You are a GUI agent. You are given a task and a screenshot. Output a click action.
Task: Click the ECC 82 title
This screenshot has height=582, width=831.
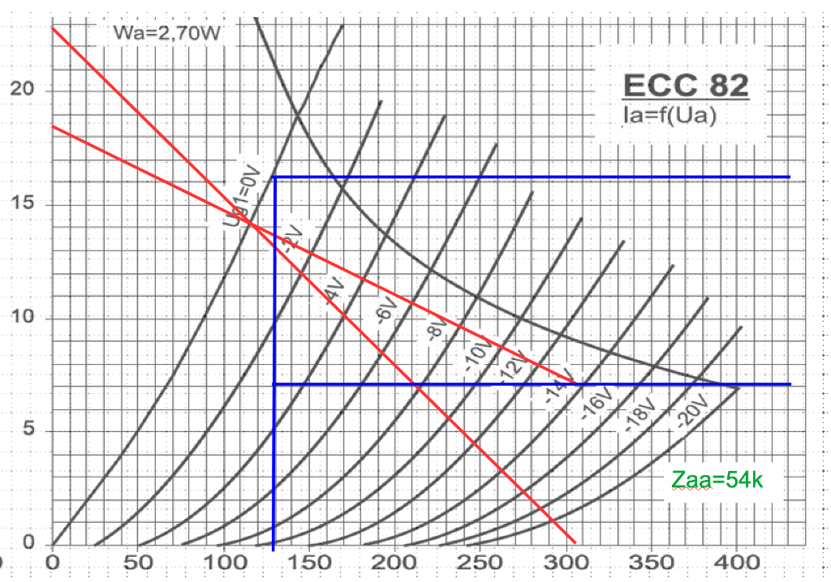(685, 85)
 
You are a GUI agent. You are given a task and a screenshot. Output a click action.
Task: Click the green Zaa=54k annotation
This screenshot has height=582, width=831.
(717, 480)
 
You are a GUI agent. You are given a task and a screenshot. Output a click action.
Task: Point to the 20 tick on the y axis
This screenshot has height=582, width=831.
(27, 88)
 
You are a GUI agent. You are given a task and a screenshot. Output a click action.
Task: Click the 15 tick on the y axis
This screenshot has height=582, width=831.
(27, 203)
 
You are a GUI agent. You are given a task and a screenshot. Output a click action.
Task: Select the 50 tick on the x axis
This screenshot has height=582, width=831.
(138, 562)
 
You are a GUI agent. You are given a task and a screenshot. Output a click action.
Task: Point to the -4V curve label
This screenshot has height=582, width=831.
(331, 290)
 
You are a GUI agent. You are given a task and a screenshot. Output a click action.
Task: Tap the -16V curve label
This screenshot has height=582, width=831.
(594, 402)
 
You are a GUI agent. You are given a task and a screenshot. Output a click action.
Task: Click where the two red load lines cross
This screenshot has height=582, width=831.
(253, 226)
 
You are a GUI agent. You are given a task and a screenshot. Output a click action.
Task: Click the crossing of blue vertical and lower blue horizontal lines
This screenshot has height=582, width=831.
(274, 383)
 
